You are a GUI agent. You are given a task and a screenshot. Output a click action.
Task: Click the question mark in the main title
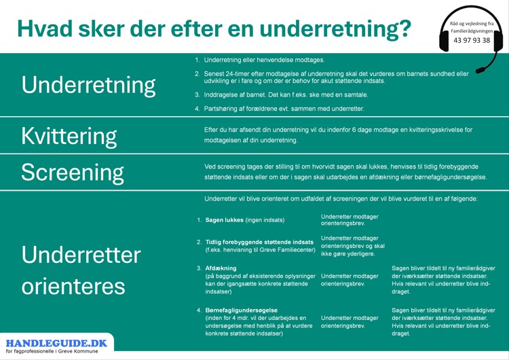404,29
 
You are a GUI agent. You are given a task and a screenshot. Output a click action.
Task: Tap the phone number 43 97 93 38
472,40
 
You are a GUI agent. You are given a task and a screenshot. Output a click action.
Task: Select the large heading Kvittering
69,137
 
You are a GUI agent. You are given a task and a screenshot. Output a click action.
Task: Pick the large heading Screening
73,173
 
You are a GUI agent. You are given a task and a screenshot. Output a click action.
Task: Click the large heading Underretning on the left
88,86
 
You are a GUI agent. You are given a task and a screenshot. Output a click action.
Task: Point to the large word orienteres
73,287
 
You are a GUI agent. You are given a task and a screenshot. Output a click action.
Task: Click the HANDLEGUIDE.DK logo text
56,343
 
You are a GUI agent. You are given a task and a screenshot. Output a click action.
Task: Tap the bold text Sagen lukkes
225,220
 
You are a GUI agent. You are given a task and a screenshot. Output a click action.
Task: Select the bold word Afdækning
221,268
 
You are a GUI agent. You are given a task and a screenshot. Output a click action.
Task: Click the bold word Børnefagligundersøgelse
241,310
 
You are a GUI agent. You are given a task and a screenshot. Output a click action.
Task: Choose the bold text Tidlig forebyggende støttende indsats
259,242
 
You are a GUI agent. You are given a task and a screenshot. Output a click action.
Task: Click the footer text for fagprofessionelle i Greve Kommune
52,351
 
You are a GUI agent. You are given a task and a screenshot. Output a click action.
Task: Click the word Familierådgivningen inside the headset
472,31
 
